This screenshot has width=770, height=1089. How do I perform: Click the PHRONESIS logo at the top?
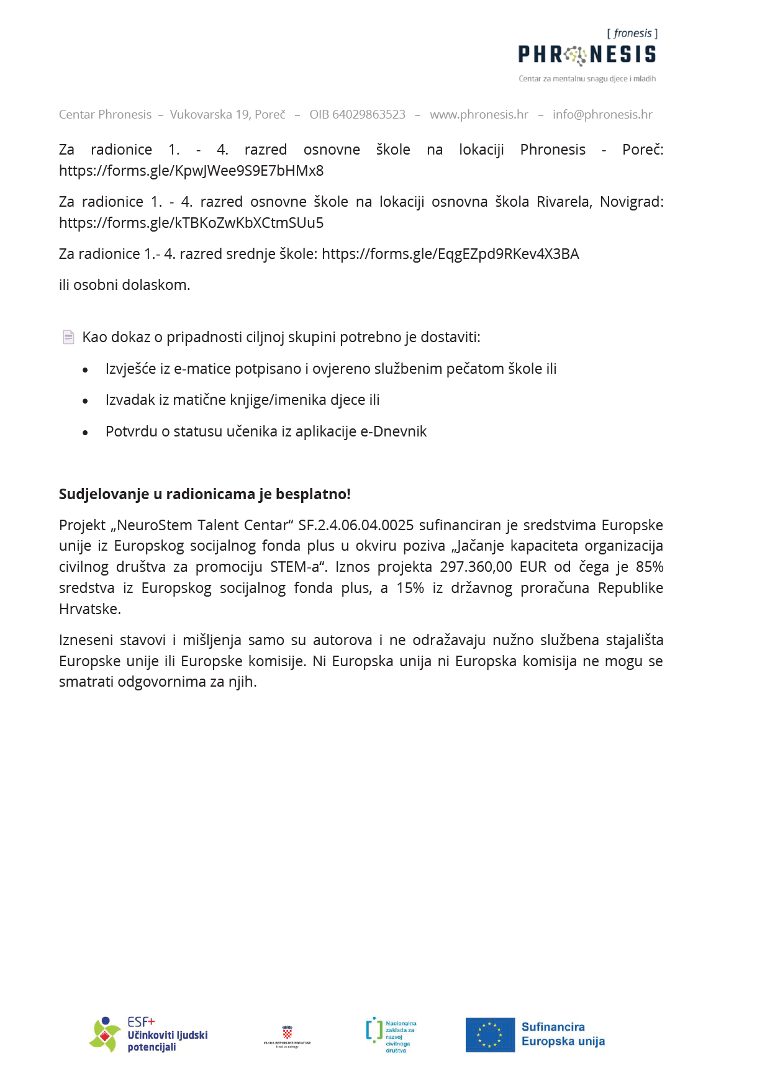pyautogui.click(x=587, y=55)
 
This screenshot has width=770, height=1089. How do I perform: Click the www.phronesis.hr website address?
pyautogui.click(x=479, y=114)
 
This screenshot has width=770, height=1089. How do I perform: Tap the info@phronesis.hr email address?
pyautogui.click(x=602, y=114)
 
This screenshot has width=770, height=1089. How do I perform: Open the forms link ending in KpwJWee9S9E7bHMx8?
pyautogui.click(x=191, y=171)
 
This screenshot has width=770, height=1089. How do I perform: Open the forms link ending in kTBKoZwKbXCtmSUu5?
pyautogui.click(x=191, y=223)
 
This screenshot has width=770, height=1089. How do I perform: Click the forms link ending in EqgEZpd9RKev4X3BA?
pyautogui.click(x=450, y=254)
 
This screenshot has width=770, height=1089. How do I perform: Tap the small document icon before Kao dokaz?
pyautogui.click(x=68, y=337)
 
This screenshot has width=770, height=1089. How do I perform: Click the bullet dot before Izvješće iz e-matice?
pyautogui.click(x=85, y=370)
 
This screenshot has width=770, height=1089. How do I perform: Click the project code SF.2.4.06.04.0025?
pyautogui.click(x=356, y=525)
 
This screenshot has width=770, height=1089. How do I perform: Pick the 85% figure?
pyautogui.click(x=650, y=567)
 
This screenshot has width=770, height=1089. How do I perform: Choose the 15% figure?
pyautogui.click(x=410, y=588)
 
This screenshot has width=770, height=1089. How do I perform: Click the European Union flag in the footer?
pyautogui.click(x=490, y=1034)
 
